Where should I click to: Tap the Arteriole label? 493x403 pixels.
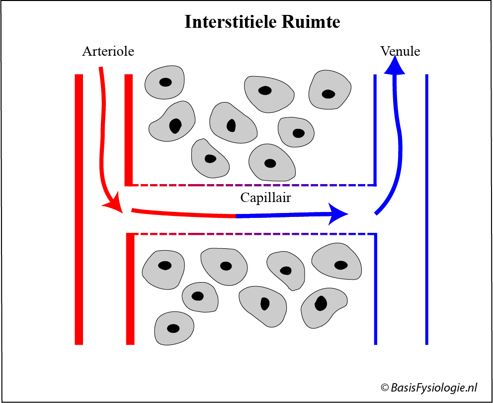pos(108,51)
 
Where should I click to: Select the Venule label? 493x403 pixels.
pos(400,51)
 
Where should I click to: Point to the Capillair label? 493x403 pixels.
pos(265,198)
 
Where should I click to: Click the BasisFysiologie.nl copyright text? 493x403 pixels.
pos(429,388)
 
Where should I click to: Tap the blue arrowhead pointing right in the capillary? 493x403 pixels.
pos(339,213)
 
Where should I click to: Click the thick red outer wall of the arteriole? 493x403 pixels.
pos(79,209)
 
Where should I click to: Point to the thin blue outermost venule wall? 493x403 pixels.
pos(426,209)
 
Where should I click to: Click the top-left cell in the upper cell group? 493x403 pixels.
pos(164,82)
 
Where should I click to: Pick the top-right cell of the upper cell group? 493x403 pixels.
pos(329,90)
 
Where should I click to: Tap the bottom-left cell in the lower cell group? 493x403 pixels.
pos(173,328)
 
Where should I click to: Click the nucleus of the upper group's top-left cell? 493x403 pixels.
pos(165,82)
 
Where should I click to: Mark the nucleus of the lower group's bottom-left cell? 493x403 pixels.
pos(173,328)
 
